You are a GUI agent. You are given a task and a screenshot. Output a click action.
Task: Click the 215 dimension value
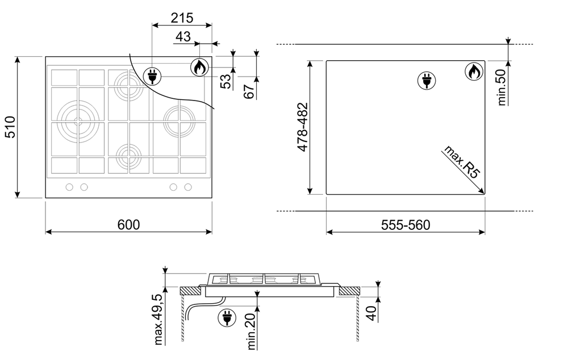pos(182,18)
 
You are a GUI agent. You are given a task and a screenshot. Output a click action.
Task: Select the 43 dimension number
pos(183,36)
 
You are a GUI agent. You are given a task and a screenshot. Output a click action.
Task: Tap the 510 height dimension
pos(10,127)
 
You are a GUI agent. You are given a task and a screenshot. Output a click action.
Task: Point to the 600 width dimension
pos(128,224)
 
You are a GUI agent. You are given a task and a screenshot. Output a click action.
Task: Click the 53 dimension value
pos(225,81)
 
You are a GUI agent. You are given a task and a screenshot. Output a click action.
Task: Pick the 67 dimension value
pos(249,91)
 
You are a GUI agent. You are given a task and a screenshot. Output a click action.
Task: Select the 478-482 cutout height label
pos(302,127)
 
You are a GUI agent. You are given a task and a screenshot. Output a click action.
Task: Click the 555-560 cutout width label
pos(406,225)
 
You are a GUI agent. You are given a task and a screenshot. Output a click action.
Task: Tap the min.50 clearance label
pos(502,87)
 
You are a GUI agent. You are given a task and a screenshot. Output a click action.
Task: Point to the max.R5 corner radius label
pos(461,162)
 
